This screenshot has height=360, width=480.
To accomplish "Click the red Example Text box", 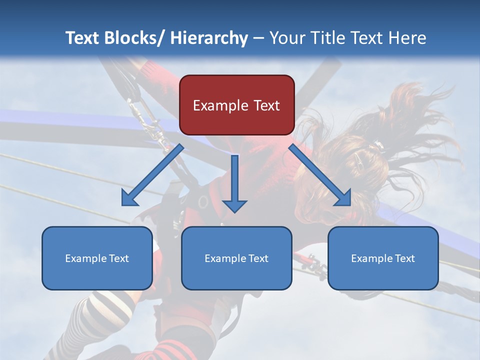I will (236, 105).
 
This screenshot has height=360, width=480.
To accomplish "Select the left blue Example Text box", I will (97, 258).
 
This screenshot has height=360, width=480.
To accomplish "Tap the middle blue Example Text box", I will (236, 258).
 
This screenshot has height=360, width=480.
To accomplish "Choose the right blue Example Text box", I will (383, 258).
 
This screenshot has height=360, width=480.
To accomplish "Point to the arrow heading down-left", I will (152, 175).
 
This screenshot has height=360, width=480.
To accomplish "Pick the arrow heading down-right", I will (320, 175).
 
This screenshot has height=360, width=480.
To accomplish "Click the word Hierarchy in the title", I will (208, 38).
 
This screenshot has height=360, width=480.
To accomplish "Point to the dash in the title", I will (258, 38).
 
